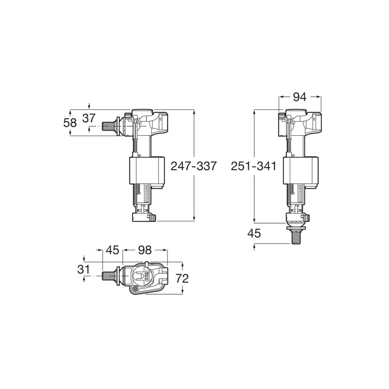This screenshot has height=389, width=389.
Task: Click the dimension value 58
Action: pyautogui.click(x=70, y=123)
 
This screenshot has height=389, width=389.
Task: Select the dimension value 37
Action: pyautogui.click(x=88, y=118)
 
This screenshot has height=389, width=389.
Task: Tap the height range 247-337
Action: pyautogui.click(x=193, y=166)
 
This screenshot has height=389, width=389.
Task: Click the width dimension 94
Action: pyautogui.click(x=300, y=97)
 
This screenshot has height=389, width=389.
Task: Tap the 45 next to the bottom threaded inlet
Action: pyautogui.click(x=254, y=233)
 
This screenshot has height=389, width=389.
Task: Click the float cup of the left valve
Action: pyautogui.click(x=144, y=170)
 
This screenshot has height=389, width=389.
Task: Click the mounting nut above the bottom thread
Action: pyautogui.click(x=296, y=226)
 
